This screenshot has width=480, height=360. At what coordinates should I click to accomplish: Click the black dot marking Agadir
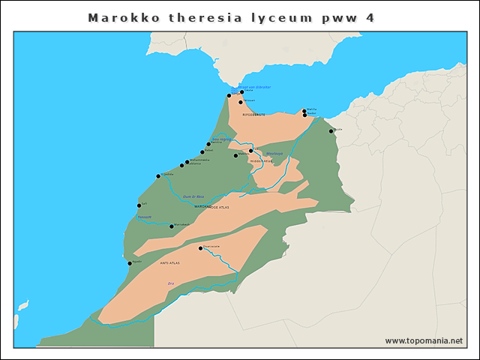(x=130, y=263)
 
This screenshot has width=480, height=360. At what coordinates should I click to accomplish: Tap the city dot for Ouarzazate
(x=200, y=248)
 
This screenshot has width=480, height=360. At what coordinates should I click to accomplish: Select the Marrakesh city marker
(x=172, y=226)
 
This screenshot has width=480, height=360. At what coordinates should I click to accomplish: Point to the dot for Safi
(x=139, y=205)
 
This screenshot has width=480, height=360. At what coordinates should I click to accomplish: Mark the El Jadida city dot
(x=158, y=176)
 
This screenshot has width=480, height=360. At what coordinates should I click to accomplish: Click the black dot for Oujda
(x=331, y=131)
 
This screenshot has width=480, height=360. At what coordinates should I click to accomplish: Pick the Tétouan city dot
(x=241, y=102)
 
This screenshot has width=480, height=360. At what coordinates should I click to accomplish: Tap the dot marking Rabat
(x=202, y=151)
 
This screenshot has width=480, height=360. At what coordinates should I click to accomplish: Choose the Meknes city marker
(x=235, y=155)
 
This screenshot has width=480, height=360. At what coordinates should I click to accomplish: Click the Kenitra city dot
(x=208, y=144)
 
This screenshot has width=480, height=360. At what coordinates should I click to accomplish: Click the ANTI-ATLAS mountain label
(x=170, y=263)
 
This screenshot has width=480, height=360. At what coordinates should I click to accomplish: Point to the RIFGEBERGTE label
(x=254, y=115)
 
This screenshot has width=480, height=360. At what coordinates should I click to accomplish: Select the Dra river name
(x=170, y=283)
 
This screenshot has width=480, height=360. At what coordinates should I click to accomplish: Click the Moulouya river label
(x=274, y=154)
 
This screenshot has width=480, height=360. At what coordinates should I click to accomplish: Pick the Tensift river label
(x=144, y=217)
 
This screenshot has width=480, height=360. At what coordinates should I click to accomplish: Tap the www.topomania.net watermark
(x=424, y=340)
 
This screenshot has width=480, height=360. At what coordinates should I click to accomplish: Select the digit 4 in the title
(x=370, y=16)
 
